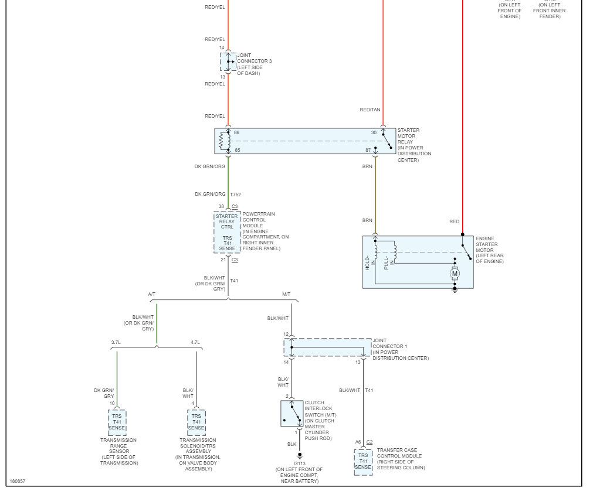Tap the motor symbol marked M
click(x=454, y=273)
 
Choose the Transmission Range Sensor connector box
click(x=117, y=422)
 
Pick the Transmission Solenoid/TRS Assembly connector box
click(x=196, y=422)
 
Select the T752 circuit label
click(x=236, y=194)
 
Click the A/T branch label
click(x=153, y=294)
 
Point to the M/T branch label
click(x=286, y=294)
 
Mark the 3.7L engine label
click(x=117, y=342)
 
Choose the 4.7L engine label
click(x=195, y=342)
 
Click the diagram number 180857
click(x=18, y=481)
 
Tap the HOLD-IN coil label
click(x=368, y=261)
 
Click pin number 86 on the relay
click(x=237, y=132)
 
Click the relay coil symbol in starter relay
click(x=222, y=141)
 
